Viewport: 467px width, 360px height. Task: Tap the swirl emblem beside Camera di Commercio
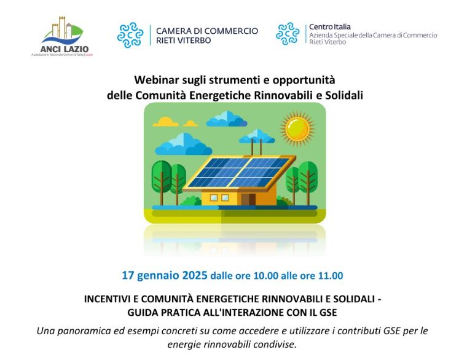[130, 35]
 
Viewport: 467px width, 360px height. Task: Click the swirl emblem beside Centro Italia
[288, 34]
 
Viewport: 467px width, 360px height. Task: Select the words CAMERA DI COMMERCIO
[207, 31]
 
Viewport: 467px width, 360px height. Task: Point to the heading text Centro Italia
[330, 27]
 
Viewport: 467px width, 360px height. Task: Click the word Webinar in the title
[156, 80]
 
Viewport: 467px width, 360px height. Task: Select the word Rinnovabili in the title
[281, 95]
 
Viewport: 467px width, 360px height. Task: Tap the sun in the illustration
[297, 128]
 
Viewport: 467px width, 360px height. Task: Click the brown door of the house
[248, 199]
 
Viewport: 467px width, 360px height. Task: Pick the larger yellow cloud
[165, 122]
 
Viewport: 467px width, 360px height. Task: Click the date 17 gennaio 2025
[164, 275]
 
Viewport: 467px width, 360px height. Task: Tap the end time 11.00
[330, 276]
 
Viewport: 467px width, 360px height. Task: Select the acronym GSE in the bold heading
[328, 311]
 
